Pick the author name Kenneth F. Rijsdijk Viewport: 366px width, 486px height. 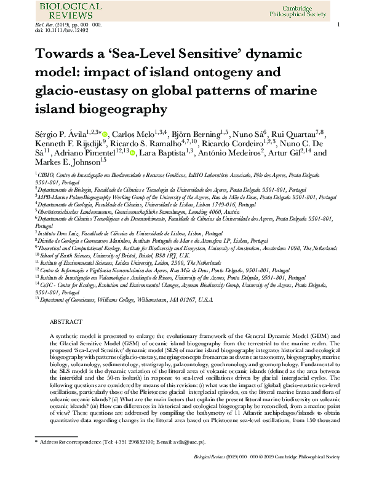pyautogui.click(x=68, y=144)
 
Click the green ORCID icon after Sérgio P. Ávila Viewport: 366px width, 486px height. pyautogui.click(x=105, y=135)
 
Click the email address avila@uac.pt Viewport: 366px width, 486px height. pyautogui.click(x=186, y=460)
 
